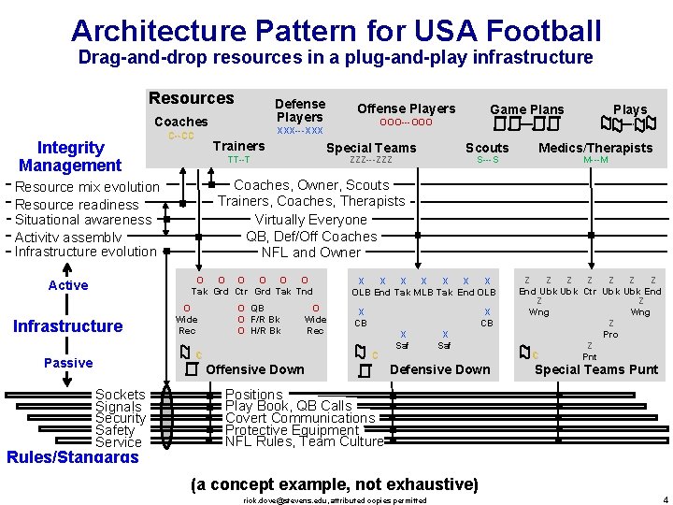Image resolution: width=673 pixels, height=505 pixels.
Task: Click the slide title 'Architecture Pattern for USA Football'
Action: pyautogui.click(x=336, y=30)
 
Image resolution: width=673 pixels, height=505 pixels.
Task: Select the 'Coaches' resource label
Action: pyautogui.click(x=181, y=122)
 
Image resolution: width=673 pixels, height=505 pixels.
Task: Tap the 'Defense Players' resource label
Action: pyautogui.click(x=300, y=110)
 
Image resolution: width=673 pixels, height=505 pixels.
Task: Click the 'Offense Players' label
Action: pyautogui.click(x=407, y=108)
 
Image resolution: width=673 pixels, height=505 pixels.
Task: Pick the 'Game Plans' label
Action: pyautogui.click(x=527, y=109)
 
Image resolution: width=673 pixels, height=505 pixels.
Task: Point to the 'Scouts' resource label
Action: pyautogui.click(x=487, y=148)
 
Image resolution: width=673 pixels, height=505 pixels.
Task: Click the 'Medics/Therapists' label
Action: pyautogui.click(x=595, y=148)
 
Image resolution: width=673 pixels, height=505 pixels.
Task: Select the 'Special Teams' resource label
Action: pyautogui.click(x=371, y=148)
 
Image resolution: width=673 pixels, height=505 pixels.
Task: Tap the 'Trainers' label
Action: pyautogui.click(x=238, y=146)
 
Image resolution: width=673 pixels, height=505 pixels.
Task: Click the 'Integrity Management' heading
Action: pyautogui.click(x=70, y=156)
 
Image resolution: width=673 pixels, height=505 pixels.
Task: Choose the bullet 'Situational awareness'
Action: pyautogui.click(x=83, y=220)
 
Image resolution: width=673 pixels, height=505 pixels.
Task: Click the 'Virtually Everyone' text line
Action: pyautogui.click(x=311, y=220)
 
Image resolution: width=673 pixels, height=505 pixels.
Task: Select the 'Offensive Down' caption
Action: pyautogui.click(x=255, y=369)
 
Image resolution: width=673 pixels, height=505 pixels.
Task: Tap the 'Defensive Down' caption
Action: pyautogui.click(x=439, y=369)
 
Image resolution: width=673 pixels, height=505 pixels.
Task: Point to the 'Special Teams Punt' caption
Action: pyautogui.click(x=596, y=369)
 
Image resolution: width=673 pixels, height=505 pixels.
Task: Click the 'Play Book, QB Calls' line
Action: pyautogui.click(x=289, y=406)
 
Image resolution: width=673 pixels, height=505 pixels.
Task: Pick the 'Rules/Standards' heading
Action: pyautogui.click(x=73, y=457)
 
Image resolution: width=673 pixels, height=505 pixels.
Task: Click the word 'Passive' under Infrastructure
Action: pyautogui.click(x=68, y=363)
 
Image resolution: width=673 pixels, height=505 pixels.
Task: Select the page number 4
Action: pyautogui.click(x=664, y=499)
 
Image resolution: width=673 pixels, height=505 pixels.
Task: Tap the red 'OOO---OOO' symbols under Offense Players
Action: pyautogui.click(x=406, y=123)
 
